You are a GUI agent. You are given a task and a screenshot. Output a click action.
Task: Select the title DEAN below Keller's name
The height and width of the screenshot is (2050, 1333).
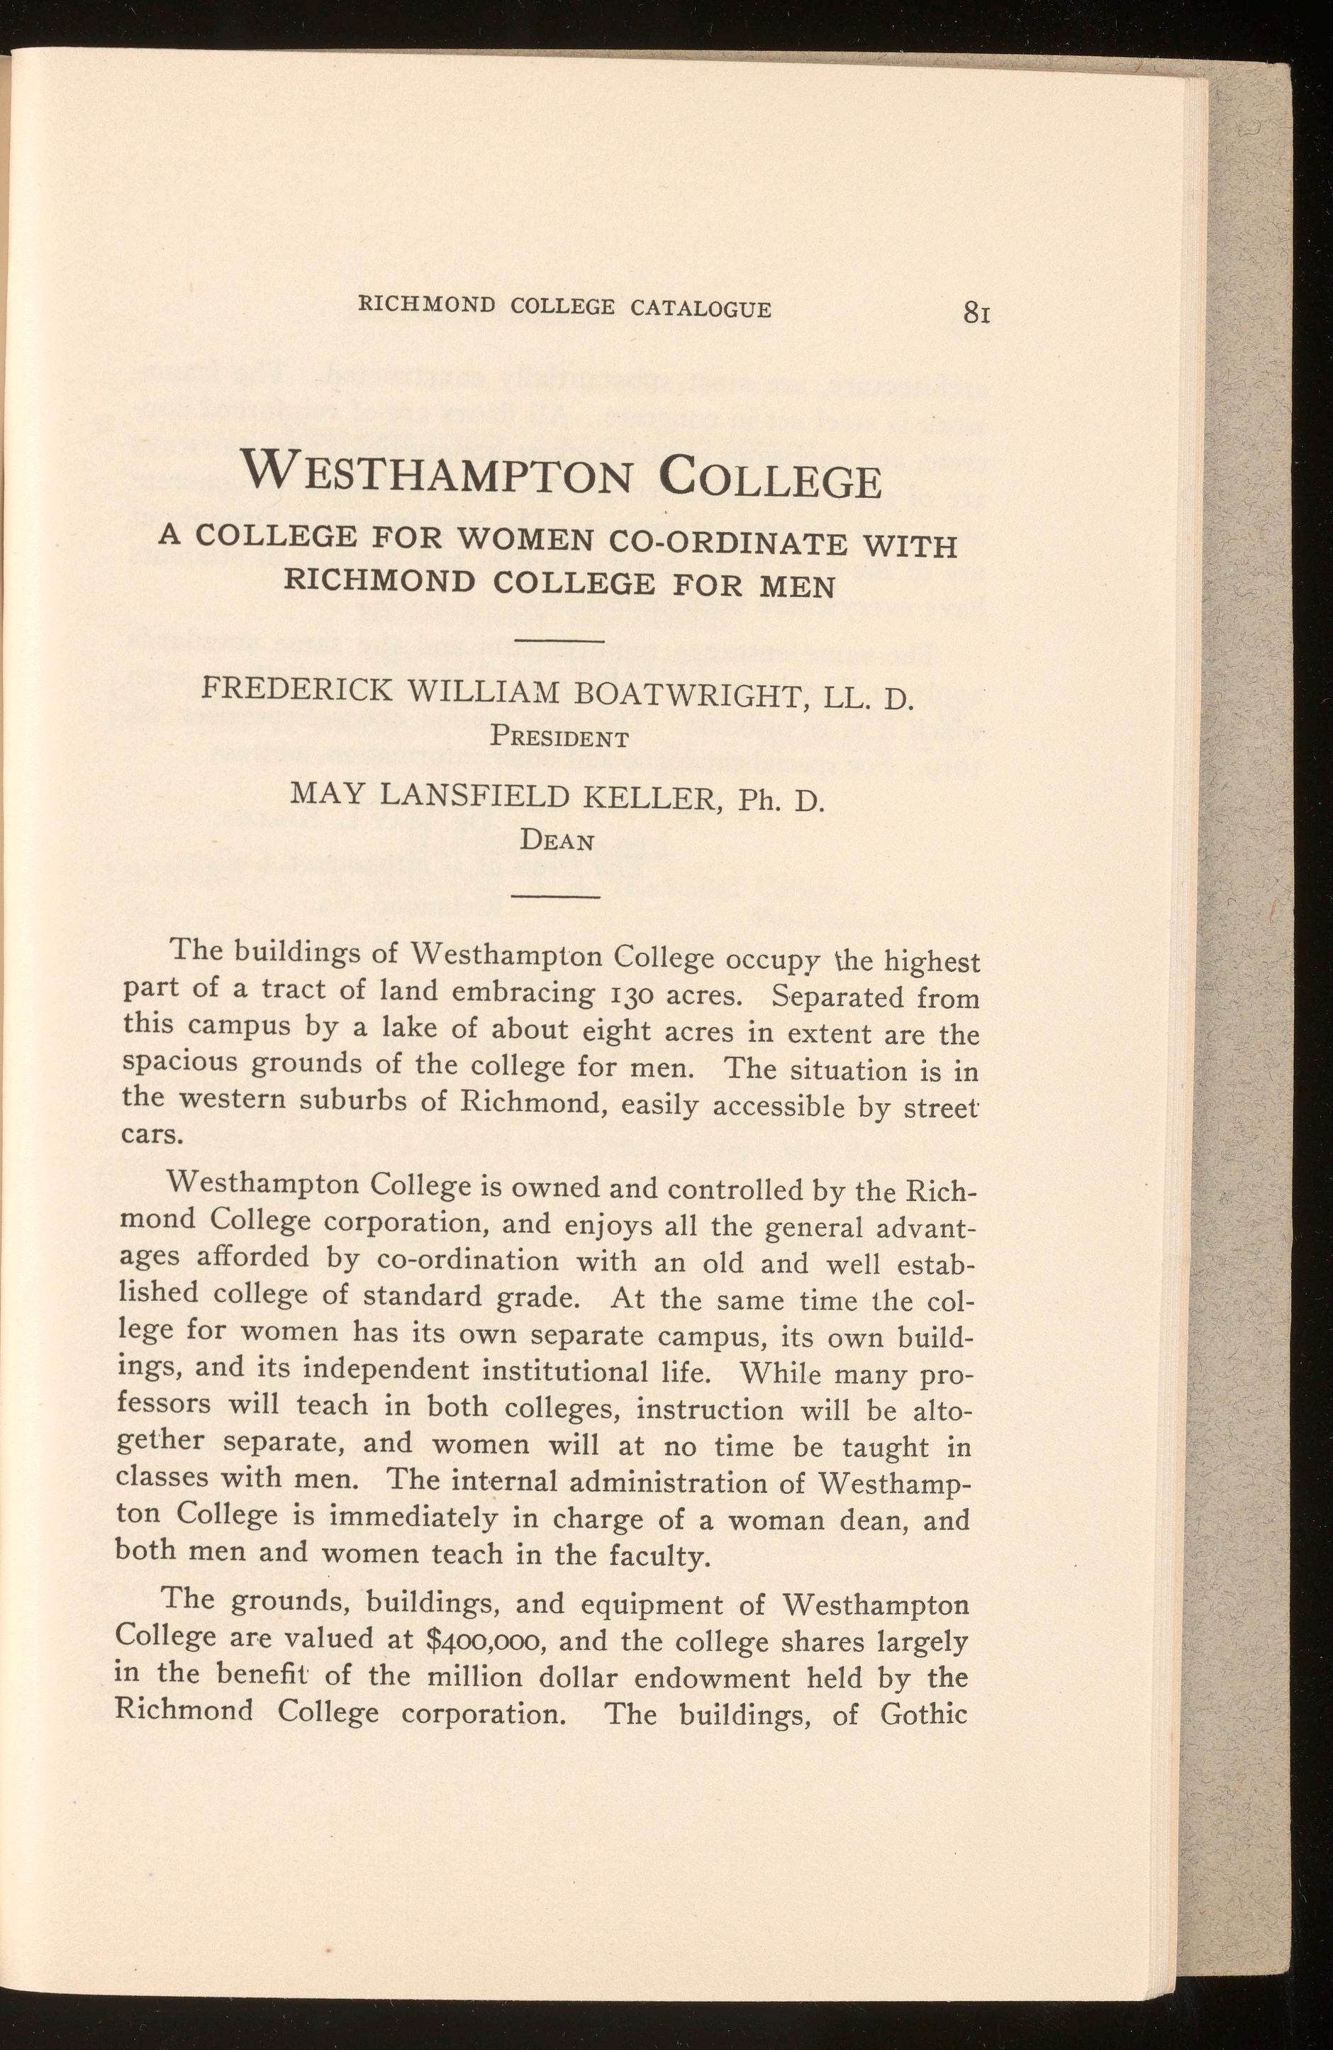pos(557,841)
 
